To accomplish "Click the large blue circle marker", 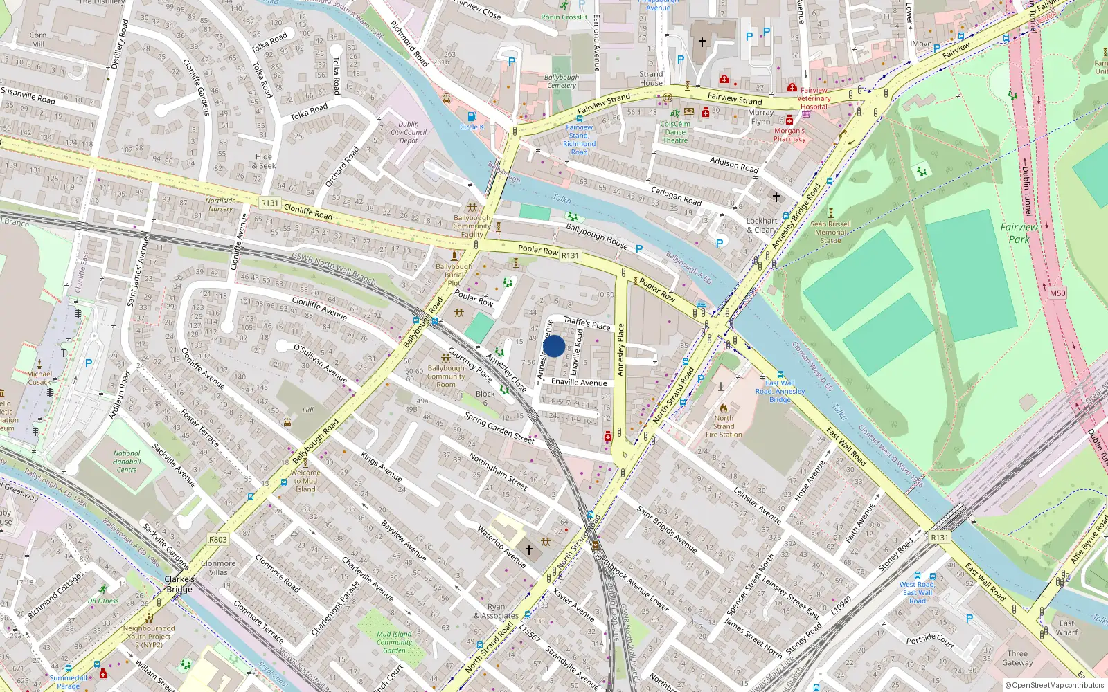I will (554, 346).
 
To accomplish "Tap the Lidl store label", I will (307, 410).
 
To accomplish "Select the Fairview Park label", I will (1019, 233).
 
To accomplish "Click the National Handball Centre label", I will (127, 462).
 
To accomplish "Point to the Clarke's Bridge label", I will (179, 584).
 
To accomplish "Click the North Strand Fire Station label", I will (724, 426).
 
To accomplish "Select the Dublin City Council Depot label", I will (409, 132).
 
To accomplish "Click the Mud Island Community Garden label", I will (394, 642).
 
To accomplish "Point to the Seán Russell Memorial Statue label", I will (830, 232).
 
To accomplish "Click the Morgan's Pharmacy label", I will (789, 135).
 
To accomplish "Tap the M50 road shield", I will (1057, 293).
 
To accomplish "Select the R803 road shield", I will (217, 539).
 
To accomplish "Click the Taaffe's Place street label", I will (587, 322).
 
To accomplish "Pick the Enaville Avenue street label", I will (579, 382).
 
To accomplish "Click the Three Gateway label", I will (1017, 658).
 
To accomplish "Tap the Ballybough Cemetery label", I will (562, 82).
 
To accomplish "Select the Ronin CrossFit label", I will (564, 17).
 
